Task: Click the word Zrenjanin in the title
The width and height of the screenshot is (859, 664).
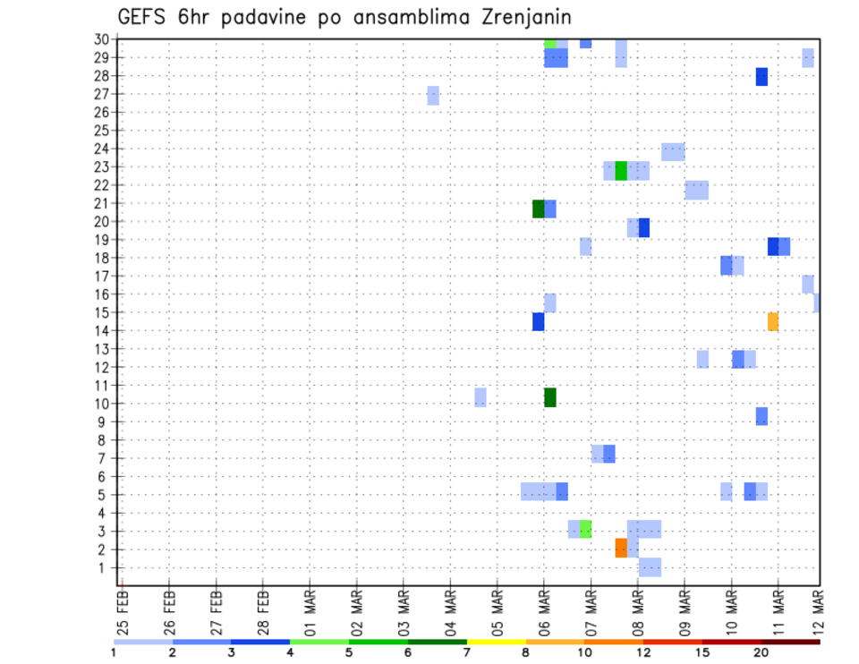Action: click(520, 17)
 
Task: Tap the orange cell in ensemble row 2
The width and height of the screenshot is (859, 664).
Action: click(621, 548)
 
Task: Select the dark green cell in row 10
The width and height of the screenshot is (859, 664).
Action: click(550, 397)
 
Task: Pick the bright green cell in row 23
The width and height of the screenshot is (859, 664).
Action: click(621, 170)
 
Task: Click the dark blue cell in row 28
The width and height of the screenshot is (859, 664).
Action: click(761, 77)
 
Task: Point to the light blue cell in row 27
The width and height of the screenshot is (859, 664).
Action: click(433, 95)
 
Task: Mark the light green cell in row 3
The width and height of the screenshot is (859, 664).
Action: click(585, 529)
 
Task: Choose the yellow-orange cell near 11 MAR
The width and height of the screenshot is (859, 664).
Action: click(773, 321)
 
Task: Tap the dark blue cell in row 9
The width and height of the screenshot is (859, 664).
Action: click(761, 416)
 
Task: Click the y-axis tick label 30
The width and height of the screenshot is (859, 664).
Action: click(101, 39)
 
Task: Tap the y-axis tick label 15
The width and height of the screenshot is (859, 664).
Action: click(101, 312)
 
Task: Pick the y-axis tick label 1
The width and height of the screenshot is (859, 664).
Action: click(105, 567)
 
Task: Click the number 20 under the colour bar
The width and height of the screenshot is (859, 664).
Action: click(761, 652)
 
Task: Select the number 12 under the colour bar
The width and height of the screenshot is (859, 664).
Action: click(642, 652)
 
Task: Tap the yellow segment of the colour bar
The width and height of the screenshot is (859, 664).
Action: click(496, 642)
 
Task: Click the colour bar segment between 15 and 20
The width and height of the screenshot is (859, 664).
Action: click(731, 642)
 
